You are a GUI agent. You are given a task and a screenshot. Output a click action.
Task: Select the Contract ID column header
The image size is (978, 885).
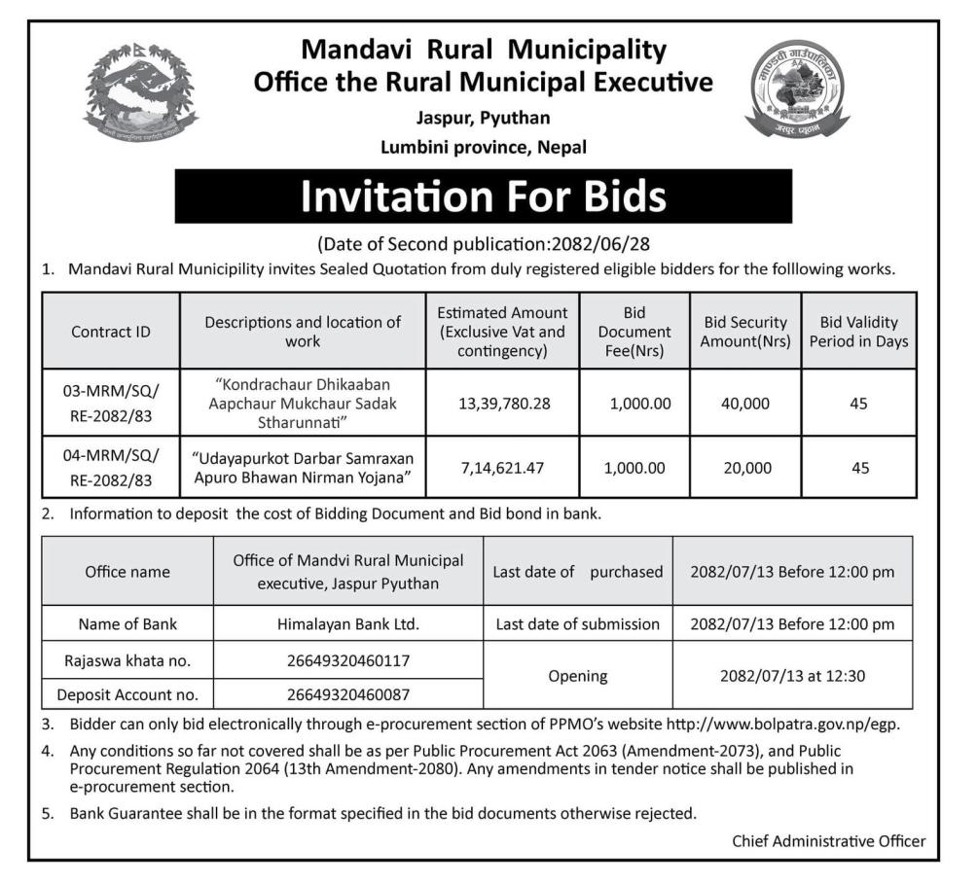[111, 332]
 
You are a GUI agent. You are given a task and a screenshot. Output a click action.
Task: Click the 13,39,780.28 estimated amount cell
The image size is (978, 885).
[502, 403]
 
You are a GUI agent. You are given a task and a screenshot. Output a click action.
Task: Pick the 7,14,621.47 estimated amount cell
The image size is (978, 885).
[502, 468]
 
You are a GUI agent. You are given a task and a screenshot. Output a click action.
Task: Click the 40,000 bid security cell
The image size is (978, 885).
[745, 403]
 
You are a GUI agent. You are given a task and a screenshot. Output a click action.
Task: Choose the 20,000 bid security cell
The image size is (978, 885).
[745, 468]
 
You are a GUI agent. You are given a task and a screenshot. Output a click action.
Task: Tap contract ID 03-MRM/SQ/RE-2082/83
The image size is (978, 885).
[111, 403]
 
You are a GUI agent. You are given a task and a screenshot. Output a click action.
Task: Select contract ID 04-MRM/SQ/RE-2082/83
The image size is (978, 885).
[111, 468]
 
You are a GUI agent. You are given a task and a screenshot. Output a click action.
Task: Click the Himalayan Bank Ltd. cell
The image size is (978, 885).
[347, 624]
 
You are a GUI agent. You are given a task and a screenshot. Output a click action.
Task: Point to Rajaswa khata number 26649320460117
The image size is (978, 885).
[347, 661]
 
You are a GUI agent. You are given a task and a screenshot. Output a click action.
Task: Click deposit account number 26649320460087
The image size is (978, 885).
[347, 694]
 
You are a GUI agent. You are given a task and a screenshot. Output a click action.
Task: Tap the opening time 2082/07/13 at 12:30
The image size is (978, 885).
[791, 675]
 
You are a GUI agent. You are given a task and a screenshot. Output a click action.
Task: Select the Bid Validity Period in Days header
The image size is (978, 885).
[858, 332]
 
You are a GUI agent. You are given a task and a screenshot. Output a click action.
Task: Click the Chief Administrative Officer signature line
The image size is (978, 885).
[828, 841]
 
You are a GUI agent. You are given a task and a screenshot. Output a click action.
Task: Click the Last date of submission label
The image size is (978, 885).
[578, 624]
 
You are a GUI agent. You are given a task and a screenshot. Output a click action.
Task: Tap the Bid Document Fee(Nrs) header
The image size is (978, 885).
[634, 332]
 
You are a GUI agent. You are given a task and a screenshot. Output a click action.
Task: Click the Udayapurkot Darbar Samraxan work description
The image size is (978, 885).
[303, 468]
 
